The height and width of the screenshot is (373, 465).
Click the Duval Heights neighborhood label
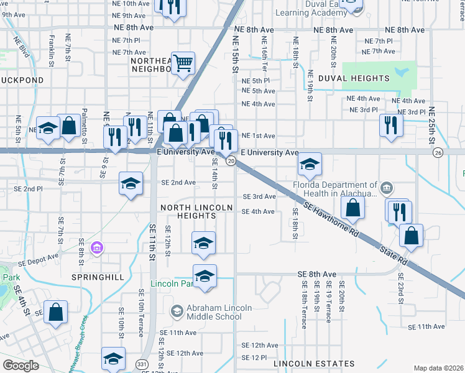353,78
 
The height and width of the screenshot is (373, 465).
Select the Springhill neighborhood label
98,277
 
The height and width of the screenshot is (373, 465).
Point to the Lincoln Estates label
313,364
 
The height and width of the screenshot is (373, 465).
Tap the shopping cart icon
183,62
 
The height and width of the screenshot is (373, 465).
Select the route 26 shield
438,152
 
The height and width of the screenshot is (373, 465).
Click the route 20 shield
231,162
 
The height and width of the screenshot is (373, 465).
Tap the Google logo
21,366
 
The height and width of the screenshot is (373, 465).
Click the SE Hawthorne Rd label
333,218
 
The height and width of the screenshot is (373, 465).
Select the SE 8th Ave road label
316,274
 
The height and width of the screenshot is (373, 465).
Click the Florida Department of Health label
336,189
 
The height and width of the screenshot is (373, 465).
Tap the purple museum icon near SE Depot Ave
96,249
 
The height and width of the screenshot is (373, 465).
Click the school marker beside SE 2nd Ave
131,183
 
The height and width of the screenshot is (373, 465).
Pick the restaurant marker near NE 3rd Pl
390,125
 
